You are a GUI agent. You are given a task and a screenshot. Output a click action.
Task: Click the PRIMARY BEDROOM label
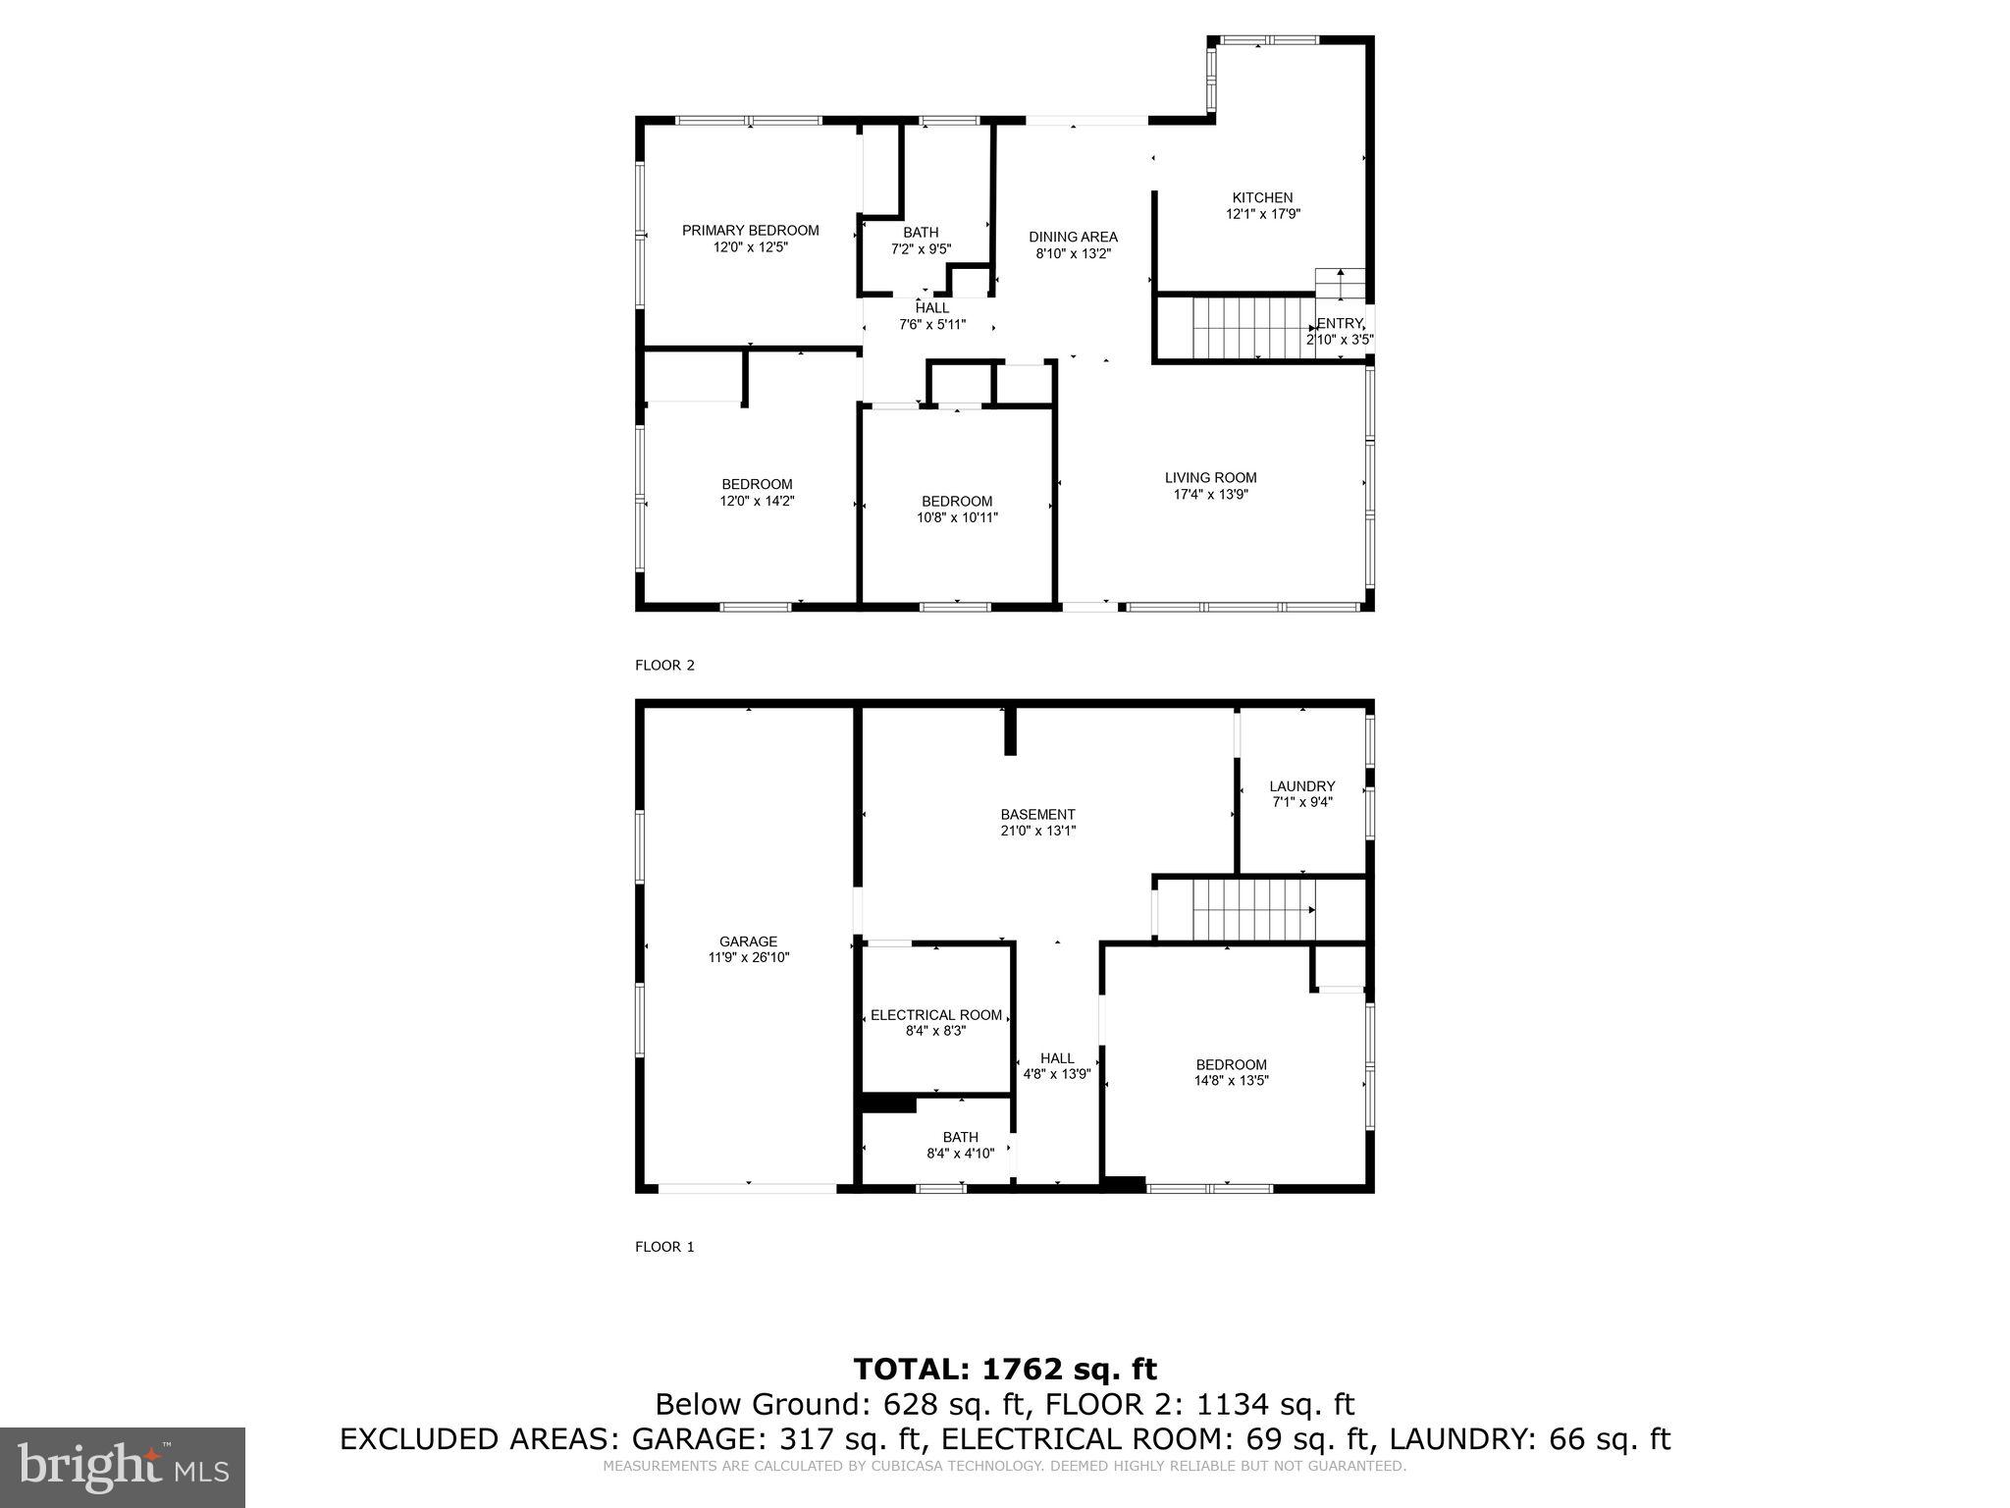750,231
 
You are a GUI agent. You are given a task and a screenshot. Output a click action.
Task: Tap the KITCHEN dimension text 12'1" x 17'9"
1262,214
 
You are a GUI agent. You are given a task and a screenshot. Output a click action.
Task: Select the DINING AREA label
1073,237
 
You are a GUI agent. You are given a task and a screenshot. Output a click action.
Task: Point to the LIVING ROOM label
1210,478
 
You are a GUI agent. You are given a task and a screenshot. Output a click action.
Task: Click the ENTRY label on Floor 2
1339,324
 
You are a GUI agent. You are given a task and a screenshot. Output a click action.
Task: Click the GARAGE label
748,942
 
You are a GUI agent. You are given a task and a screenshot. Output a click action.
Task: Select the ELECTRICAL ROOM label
936,1015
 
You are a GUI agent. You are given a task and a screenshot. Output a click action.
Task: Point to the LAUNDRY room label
1301,786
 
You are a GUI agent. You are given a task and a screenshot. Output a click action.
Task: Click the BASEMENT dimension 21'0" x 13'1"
1037,831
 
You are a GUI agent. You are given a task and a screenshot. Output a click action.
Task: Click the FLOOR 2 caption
664,666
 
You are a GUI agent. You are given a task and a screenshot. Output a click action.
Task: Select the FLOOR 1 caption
664,1247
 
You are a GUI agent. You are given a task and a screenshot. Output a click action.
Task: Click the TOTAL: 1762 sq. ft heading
1005,1370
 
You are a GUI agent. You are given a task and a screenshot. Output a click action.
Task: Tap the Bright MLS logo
123,1467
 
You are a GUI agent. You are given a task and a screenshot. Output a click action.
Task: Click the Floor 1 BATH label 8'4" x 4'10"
960,1146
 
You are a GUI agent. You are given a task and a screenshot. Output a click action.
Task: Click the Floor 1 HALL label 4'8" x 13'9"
1057,1065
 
